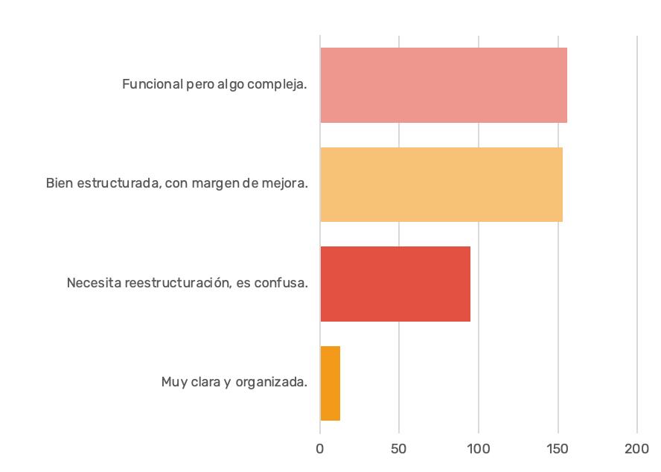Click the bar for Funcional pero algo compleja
pos(443,85)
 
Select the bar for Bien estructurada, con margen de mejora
pos(441,185)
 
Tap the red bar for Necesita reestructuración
pos(395,284)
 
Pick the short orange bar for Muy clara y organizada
pos(330,383)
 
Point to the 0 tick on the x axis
pos(320,449)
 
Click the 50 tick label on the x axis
pos(399,449)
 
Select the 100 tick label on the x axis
pos(479,449)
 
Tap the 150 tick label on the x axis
pos(558,449)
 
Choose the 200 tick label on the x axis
pos(637,449)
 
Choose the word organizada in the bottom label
pos(271,383)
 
